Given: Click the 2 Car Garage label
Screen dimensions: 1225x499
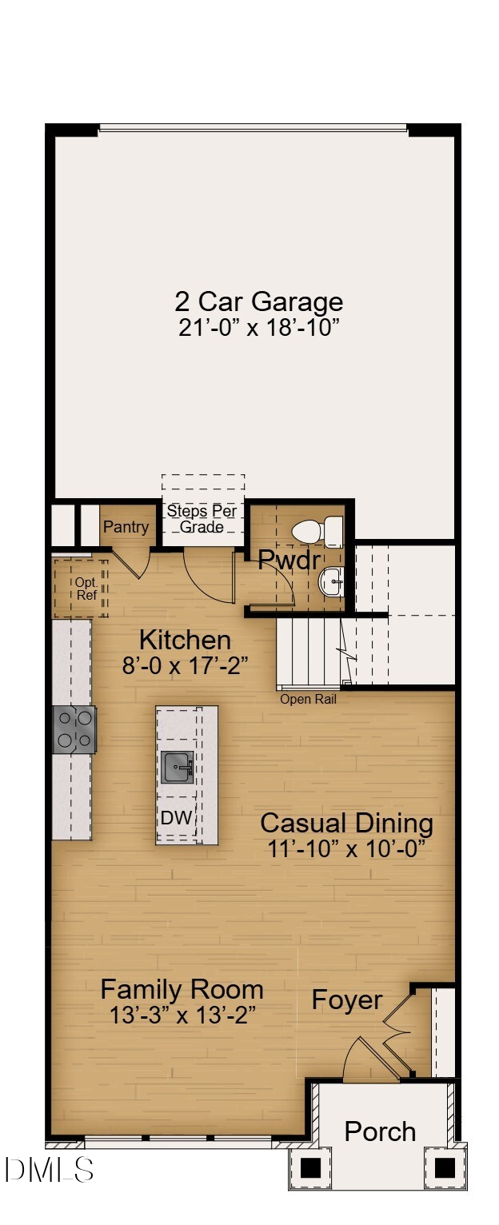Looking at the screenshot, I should click(x=258, y=301).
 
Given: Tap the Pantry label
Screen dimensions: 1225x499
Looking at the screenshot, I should click(x=126, y=527).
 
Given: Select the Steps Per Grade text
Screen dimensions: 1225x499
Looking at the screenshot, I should click(x=202, y=519).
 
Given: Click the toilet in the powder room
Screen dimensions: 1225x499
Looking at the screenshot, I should click(x=317, y=531).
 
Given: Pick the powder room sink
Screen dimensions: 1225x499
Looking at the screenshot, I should click(x=332, y=581).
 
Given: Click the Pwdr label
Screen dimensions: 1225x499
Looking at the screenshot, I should click(x=288, y=560).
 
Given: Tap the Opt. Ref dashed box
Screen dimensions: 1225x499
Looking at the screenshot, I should click(x=81, y=589).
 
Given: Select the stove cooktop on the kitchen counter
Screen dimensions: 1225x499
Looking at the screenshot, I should click(x=74, y=729).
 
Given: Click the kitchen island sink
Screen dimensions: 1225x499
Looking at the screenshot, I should click(x=178, y=768).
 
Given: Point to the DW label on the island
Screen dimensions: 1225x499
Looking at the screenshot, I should click(x=176, y=817).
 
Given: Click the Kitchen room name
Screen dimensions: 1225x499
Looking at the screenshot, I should click(x=185, y=640).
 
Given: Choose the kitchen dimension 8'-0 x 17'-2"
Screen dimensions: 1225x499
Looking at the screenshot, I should click(x=185, y=665).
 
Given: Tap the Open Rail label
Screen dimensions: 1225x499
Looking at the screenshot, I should click(x=308, y=699).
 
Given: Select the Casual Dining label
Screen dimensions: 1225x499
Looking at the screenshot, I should click(x=346, y=823).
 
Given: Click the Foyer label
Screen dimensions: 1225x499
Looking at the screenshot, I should click(x=346, y=1000).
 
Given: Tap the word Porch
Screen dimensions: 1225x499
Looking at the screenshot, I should click(x=380, y=1131).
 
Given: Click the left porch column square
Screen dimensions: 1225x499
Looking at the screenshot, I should click(x=310, y=1167).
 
